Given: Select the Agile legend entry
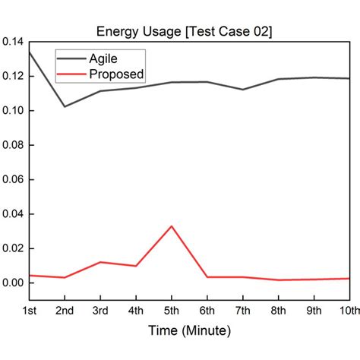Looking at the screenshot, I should [104, 58].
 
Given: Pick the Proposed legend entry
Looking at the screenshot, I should [116, 74].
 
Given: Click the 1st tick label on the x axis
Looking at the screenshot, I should [30, 311].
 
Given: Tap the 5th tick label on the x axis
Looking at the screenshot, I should [172, 311].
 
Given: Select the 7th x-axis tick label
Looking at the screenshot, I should [242, 311].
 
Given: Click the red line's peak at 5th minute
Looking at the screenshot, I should [172, 226].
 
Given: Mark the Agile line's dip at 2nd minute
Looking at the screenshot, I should [65, 106].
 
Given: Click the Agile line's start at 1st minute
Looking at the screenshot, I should [30, 52].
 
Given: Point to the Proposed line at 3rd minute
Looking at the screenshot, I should [100, 262].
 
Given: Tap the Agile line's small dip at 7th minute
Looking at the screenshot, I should [242, 90].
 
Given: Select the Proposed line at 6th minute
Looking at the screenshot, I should [207, 277].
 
